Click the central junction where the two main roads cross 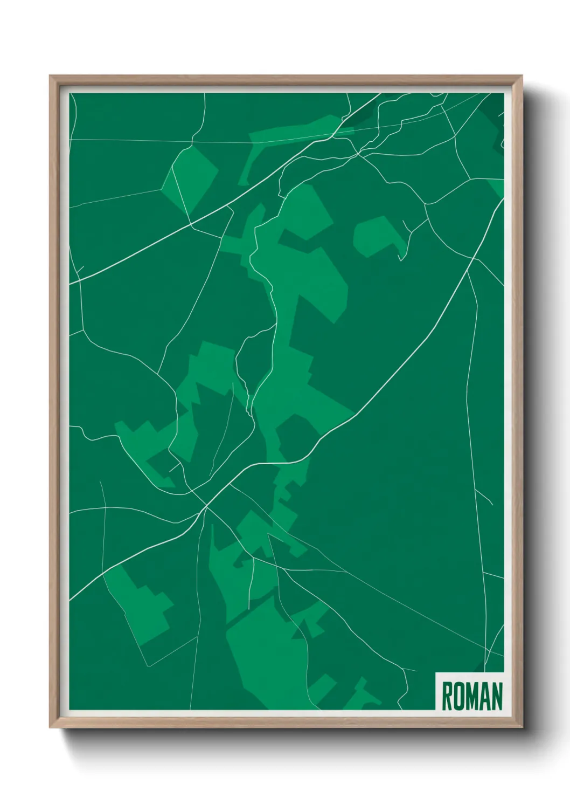[x=206, y=506]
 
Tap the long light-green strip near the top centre [x=291, y=135]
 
